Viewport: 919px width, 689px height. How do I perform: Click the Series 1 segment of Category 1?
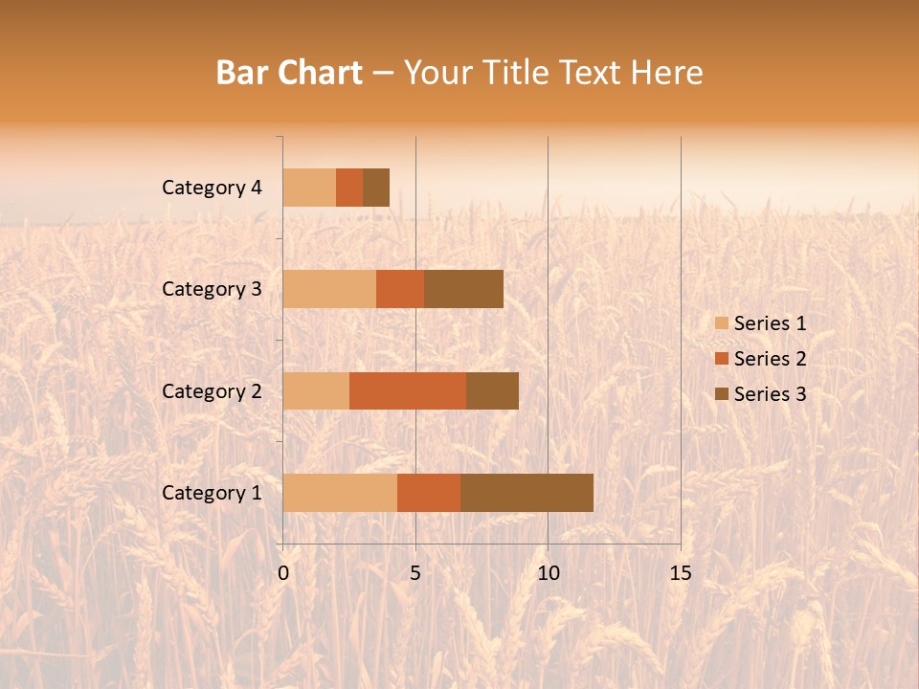coord(340,493)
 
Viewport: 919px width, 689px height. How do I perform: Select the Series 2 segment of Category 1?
coord(429,493)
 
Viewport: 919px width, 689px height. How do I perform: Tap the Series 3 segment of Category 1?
coord(527,493)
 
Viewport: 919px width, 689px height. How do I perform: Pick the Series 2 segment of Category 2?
coord(408,390)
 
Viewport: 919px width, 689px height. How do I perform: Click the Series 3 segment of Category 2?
coord(492,390)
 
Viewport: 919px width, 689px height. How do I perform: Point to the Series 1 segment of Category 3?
coord(329,289)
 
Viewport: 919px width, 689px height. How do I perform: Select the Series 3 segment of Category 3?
coord(463,289)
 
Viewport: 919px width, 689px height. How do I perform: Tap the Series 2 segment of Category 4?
coord(349,188)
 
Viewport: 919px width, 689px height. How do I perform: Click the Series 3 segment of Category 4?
coord(376,188)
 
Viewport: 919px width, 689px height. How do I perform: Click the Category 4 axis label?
coord(212,188)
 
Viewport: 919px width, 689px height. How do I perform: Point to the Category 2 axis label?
coord(212,390)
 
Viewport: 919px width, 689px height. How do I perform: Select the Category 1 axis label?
coord(212,493)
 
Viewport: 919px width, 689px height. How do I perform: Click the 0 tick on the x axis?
coord(283,573)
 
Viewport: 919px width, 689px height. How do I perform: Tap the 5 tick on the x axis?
coord(415,573)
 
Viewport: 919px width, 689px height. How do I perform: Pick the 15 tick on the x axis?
coord(680,573)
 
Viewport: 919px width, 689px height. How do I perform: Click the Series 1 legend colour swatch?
coord(722,323)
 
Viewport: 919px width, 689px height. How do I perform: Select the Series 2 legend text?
coord(770,359)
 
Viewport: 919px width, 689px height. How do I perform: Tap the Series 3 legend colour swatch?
coord(722,394)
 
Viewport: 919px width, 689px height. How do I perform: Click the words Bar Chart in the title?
coord(289,73)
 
